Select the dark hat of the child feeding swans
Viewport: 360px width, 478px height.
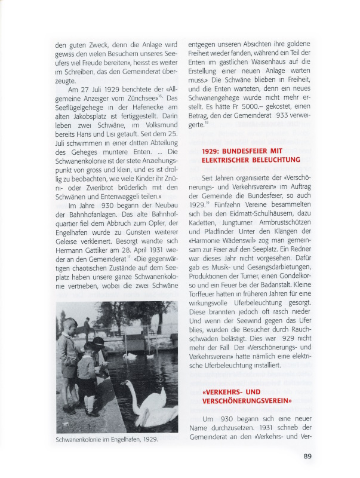tap(97, 341)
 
